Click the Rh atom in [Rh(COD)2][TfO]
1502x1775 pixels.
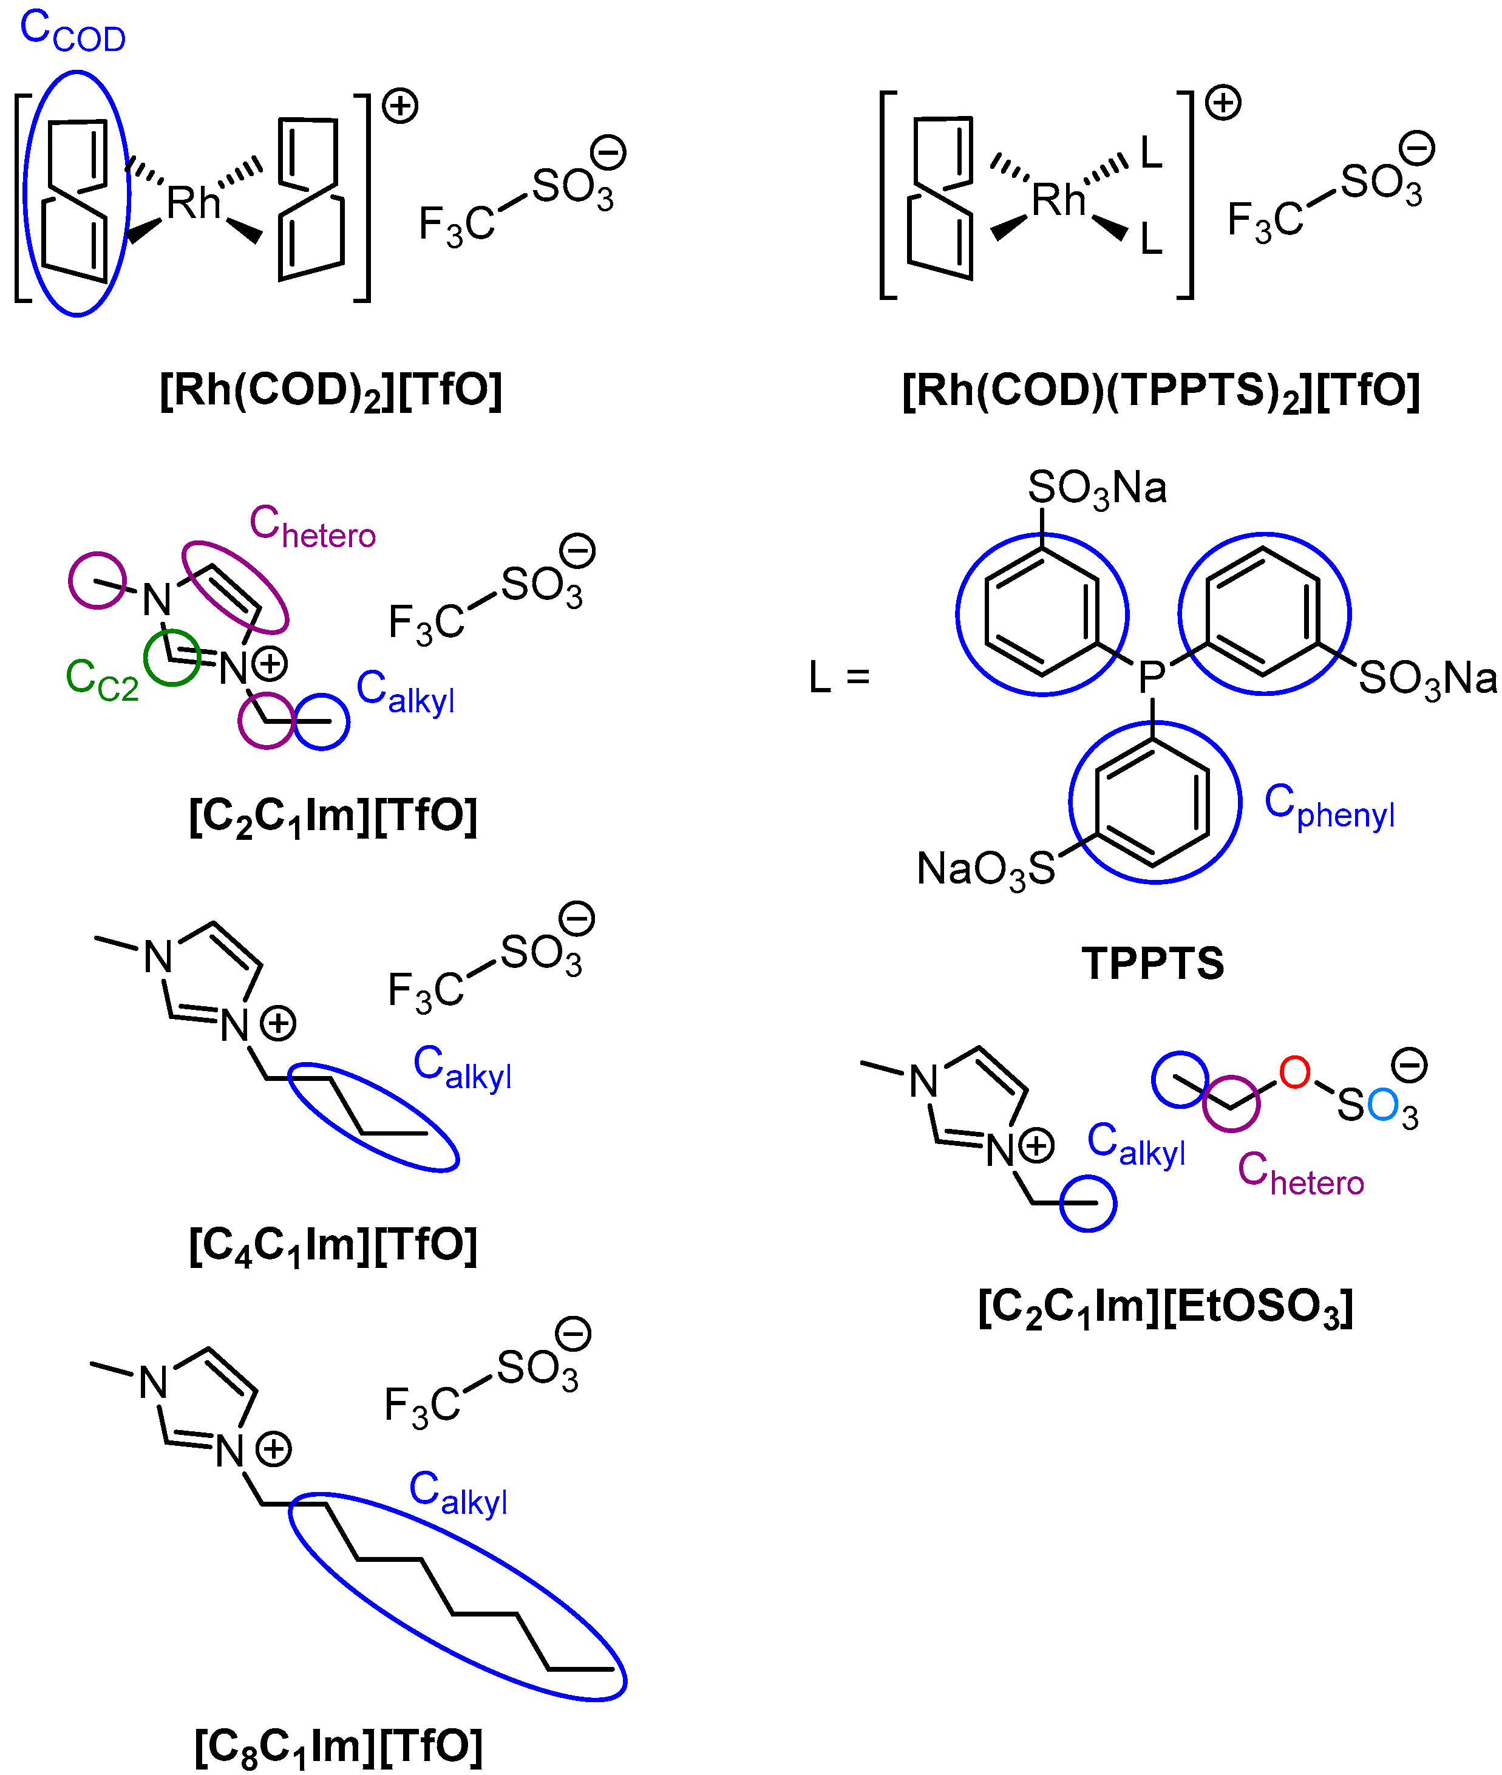193,203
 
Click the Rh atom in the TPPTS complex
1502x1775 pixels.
1058,201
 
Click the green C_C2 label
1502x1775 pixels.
101,681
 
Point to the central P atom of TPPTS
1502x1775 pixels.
1152,678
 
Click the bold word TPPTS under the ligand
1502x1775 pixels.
1153,963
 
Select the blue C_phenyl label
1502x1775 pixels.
1329,806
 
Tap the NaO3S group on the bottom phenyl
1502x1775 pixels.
985,870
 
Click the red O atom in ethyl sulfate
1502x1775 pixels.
1294,1072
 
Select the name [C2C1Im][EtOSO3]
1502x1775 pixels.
1165,1307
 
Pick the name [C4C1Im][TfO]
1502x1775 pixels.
333,1245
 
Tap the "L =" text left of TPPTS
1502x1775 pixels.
838,678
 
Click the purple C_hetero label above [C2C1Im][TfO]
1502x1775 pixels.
311,526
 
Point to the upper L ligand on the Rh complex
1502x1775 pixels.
1151,153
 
